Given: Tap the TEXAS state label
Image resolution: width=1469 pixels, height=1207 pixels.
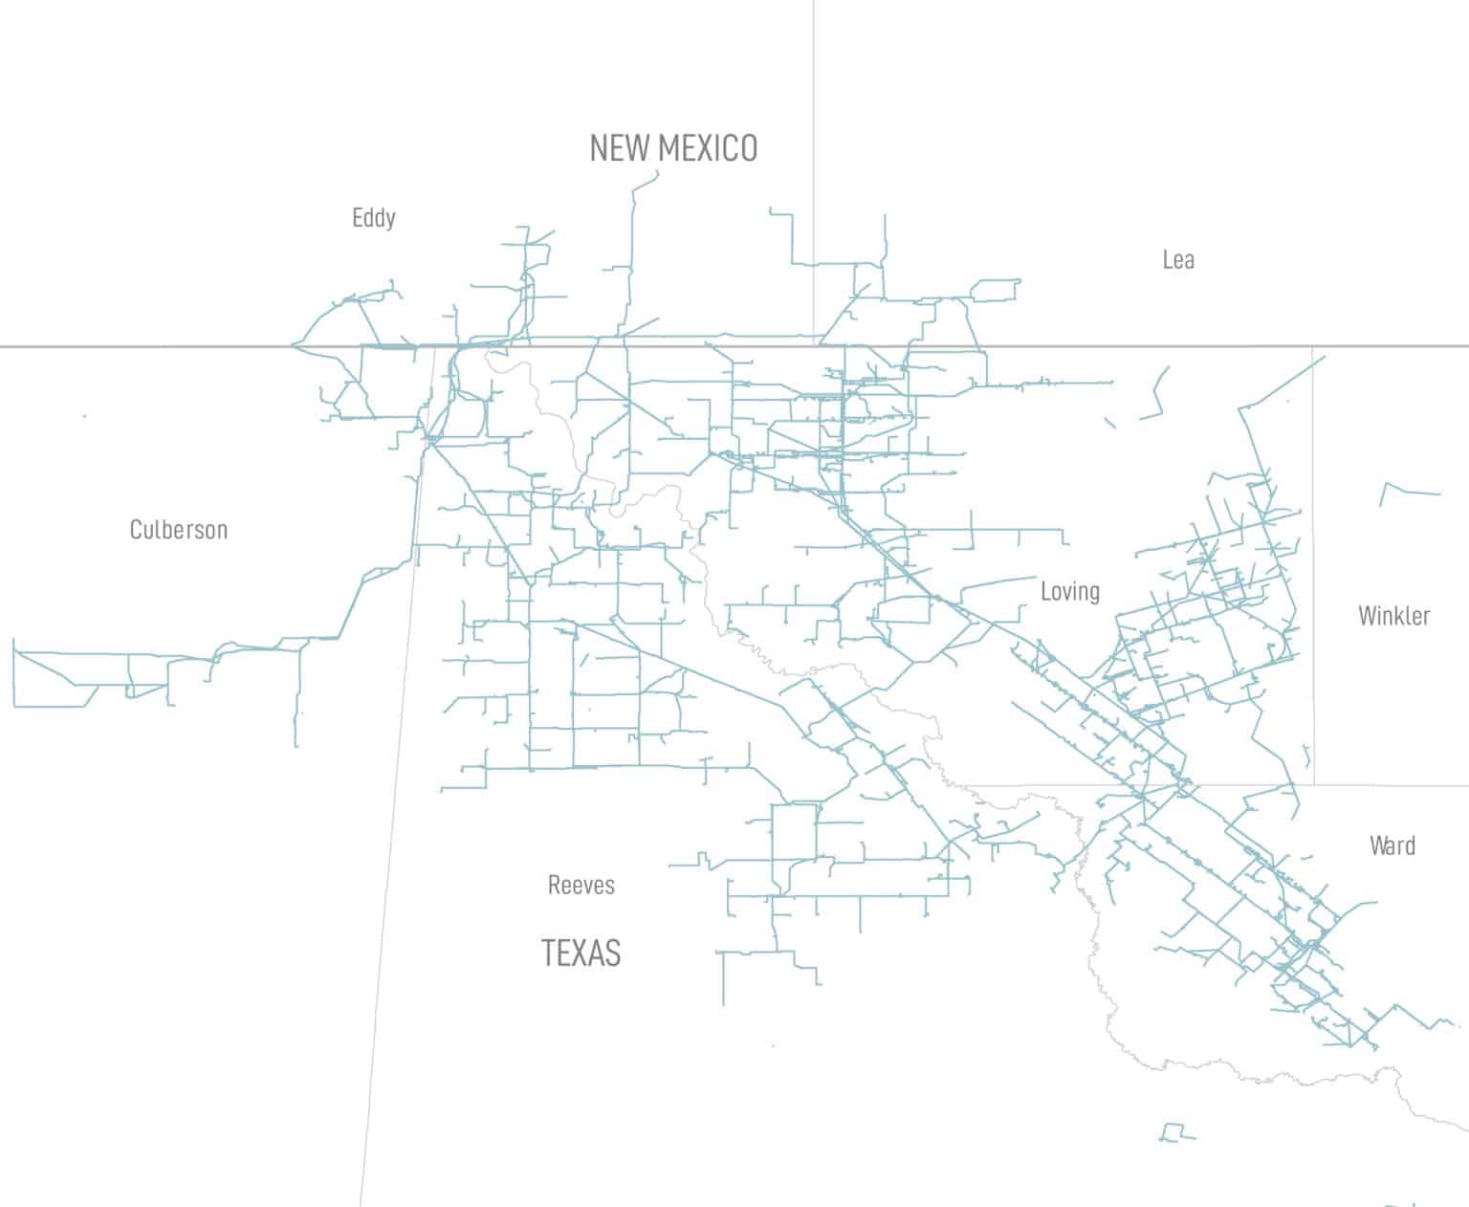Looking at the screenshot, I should pos(581,953).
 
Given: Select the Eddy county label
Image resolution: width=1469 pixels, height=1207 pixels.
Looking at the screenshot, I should pos(373,218).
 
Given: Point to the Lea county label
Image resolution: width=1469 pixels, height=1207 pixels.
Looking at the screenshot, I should pos(1177,259).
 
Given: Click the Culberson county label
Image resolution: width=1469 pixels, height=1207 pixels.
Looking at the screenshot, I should pos(179,530).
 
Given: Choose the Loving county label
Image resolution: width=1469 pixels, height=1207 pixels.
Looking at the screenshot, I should pos(1069,591).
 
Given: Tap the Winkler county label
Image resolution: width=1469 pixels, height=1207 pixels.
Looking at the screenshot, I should pos(1393,615).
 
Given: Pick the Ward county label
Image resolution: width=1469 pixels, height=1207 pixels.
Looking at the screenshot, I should pos(1392,845).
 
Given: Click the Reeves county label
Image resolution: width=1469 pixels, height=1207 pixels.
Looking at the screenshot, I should pos(581,885).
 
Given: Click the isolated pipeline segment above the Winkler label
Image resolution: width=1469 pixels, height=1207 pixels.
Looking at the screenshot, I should pos(1410,491).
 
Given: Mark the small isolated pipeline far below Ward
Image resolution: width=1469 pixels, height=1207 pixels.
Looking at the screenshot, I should pos(1176,1132).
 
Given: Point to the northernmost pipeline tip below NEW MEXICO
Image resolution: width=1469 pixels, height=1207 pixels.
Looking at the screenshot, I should pos(657,172).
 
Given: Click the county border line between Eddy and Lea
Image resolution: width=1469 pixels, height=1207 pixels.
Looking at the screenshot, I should pos(814,143).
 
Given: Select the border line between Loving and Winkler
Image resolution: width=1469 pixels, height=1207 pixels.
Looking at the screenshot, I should pos(1313,574).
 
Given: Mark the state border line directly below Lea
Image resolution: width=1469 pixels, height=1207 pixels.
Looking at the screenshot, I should pos(1176,346).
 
